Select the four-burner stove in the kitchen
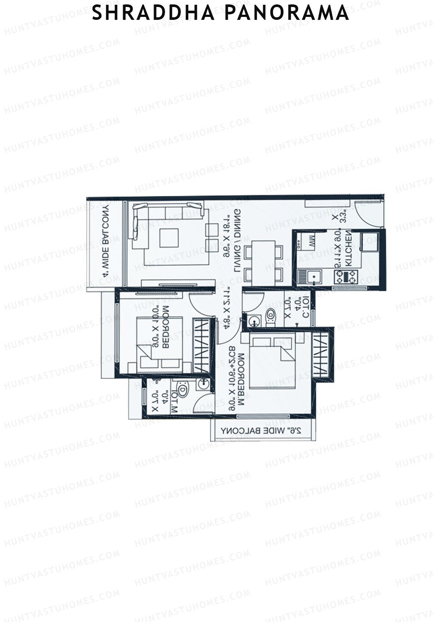346,277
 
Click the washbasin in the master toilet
202,384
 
